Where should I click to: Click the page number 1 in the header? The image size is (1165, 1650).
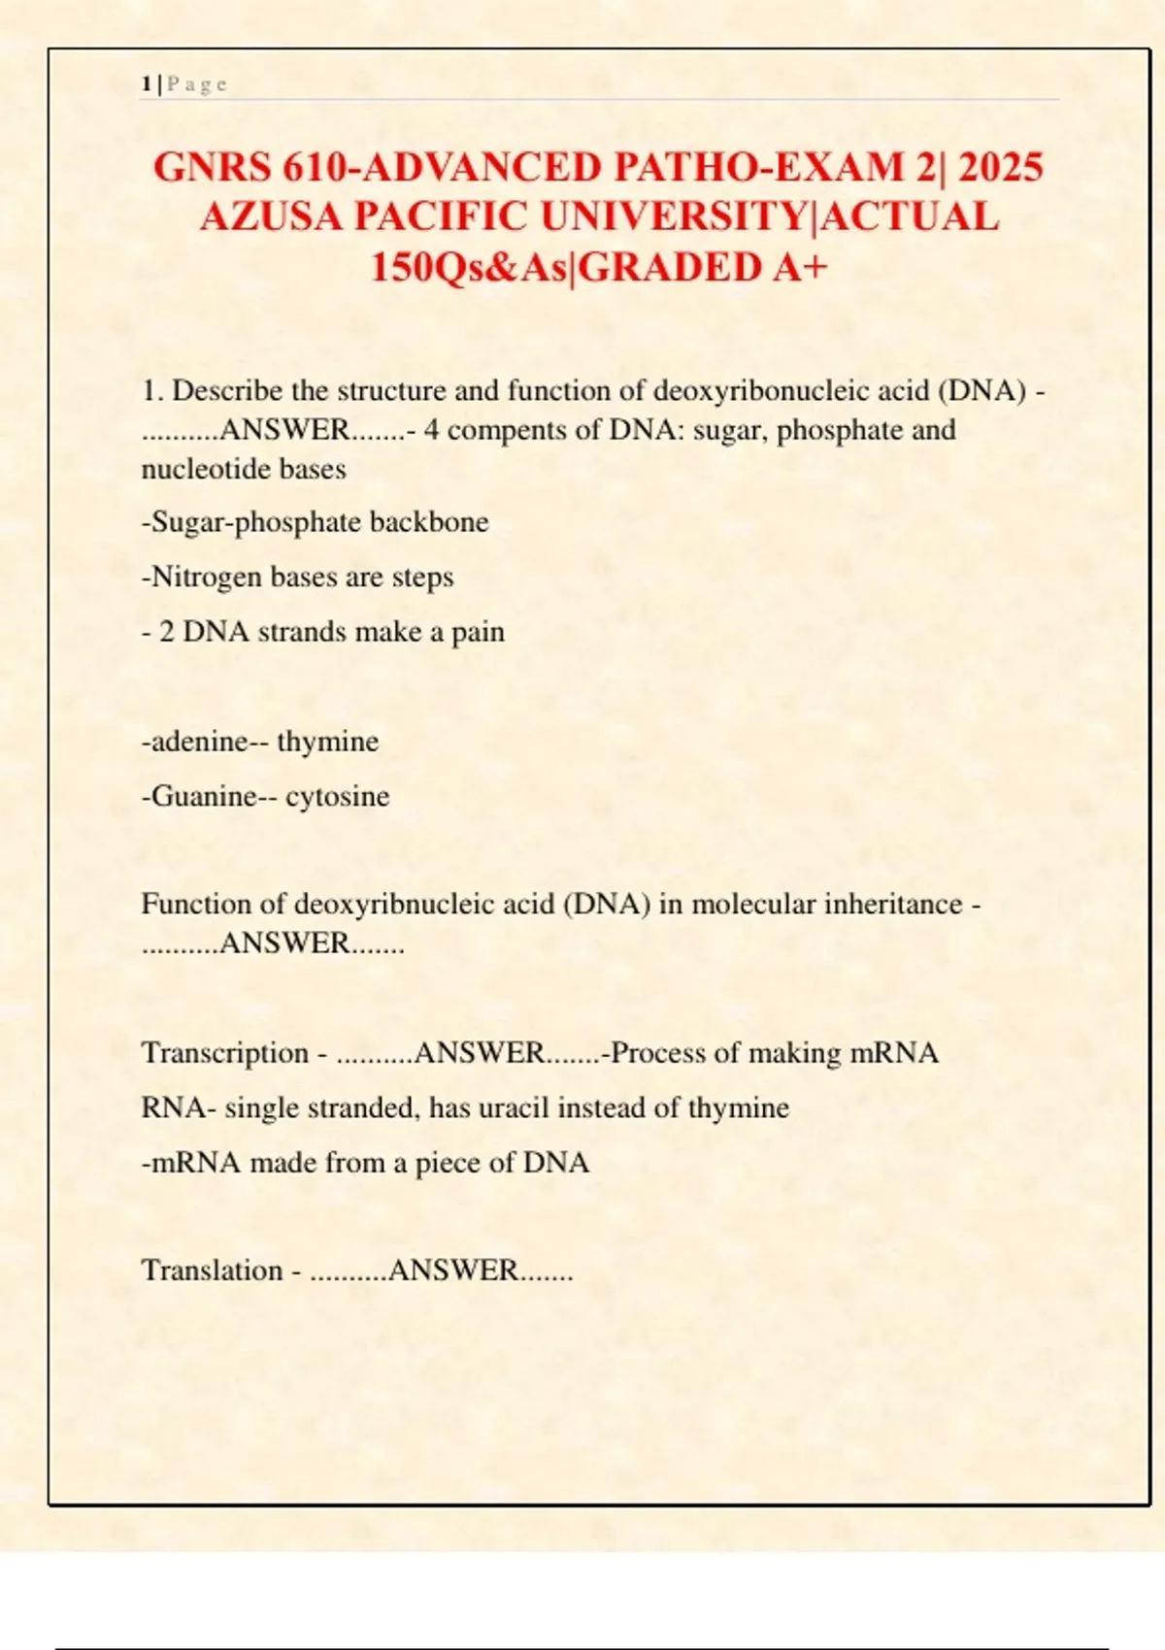click(146, 84)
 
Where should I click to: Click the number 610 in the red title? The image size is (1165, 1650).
click(314, 167)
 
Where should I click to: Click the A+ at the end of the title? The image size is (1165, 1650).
click(802, 267)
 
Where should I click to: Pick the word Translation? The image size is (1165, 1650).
click(213, 1270)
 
